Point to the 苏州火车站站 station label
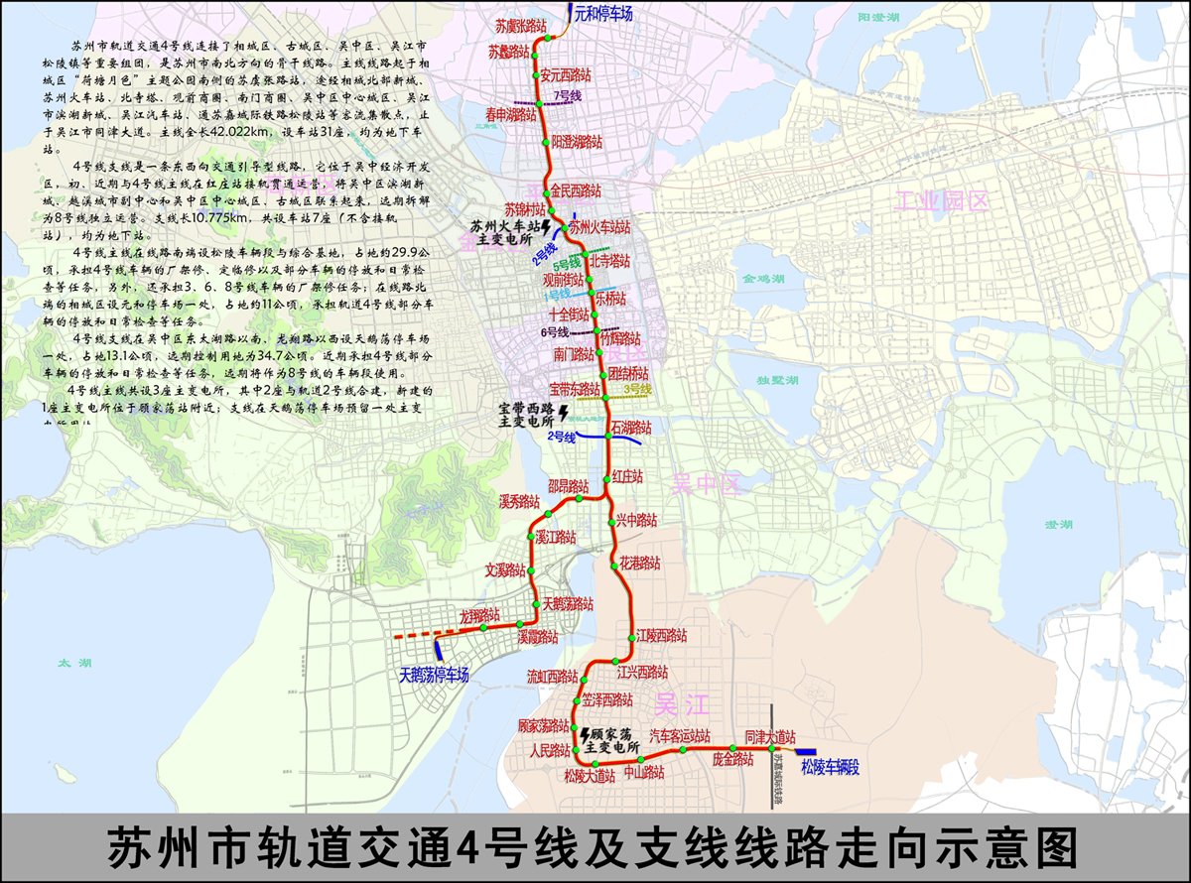coord(600,227)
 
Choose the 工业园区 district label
coord(941,201)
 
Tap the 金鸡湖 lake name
coord(762,281)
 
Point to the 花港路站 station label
coord(641,562)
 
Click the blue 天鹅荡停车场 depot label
coord(434,676)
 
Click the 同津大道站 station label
coord(771,737)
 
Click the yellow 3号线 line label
coord(637,390)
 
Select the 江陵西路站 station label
coord(662,636)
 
